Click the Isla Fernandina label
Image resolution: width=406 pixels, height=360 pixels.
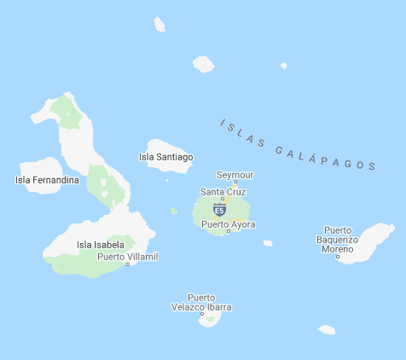pos(47,180)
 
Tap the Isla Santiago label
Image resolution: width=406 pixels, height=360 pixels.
pos(165,157)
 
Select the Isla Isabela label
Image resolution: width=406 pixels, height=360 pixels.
pos(101,245)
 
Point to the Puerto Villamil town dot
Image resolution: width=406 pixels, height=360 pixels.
pos(128,264)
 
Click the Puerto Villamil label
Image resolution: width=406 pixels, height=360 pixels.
pos(128,256)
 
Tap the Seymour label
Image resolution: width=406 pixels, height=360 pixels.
pos(235,175)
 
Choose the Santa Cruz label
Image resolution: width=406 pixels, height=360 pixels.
pos(223,192)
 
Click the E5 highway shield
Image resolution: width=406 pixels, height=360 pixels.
pos(219,210)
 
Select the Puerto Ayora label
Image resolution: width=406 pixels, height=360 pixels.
pos(229,224)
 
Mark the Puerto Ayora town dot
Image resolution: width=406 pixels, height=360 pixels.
pos(229,231)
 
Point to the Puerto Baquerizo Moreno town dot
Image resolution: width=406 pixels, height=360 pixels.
pos(338,256)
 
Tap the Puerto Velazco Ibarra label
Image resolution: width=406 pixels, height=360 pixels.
pos(201,302)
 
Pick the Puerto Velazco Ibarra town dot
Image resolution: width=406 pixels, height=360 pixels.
pos(202,315)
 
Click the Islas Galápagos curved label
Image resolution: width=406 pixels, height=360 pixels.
pos(299,146)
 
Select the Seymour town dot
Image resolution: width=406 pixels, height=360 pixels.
pos(235,183)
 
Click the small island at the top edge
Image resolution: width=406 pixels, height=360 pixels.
pos(159,24)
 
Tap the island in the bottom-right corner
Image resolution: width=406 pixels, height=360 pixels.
pos(327,329)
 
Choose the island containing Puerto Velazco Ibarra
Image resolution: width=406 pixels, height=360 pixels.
pos(210,318)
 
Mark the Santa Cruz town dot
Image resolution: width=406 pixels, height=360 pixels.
pos(223,200)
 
